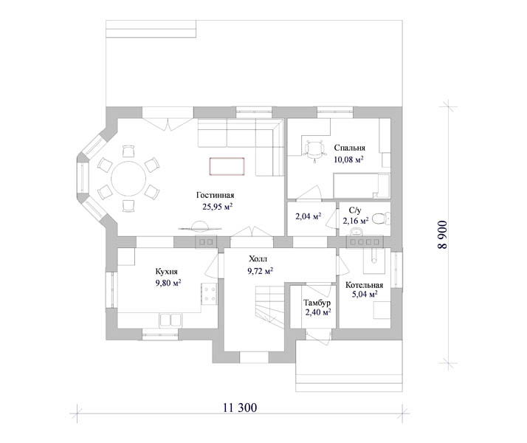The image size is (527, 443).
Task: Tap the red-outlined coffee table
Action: pyautogui.click(x=227, y=166)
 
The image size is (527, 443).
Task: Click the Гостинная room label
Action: pyautogui.click(x=215, y=195)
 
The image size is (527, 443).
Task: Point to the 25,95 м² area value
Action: pyautogui.click(x=218, y=207)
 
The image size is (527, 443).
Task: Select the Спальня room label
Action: pyautogui.click(x=350, y=148)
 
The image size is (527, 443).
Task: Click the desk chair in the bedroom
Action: pyautogui.click(x=314, y=150)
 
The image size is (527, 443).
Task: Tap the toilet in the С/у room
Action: pyautogui.click(x=382, y=219)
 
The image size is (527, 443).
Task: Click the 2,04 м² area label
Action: pyautogui.click(x=309, y=216)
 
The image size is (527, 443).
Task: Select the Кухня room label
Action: pyautogui.click(x=166, y=272)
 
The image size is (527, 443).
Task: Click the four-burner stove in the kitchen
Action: pyautogui.click(x=210, y=294)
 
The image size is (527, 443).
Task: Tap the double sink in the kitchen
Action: pyautogui.click(x=170, y=320)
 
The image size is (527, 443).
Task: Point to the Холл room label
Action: pyautogui.click(x=258, y=259)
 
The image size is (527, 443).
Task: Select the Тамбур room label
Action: pyautogui.click(x=317, y=303)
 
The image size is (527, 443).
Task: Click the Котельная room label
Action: pyautogui.click(x=365, y=285)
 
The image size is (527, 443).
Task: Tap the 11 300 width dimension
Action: pyautogui.click(x=240, y=408)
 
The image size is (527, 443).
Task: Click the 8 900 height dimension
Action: pyautogui.click(x=443, y=235)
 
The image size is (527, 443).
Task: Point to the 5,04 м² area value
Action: pyautogui.click(x=365, y=295)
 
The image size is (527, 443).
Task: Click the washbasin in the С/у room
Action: pyautogui.click(x=356, y=231)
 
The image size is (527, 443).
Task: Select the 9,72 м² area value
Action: pyautogui.click(x=260, y=270)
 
